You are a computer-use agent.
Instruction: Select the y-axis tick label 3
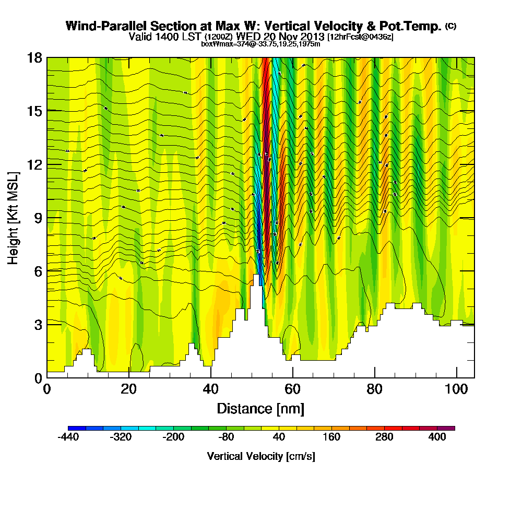[x=38, y=324]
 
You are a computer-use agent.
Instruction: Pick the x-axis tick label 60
[x=293, y=389]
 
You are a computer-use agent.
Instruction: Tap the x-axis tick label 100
[x=457, y=389]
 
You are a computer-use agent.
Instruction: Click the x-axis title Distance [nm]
[x=260, y=408]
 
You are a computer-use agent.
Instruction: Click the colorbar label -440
[x=68, y=437]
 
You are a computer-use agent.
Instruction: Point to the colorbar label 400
[x=437, y=437]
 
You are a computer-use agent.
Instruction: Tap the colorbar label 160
[x=332, y=437]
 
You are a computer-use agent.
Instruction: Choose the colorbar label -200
[x=173, y=437]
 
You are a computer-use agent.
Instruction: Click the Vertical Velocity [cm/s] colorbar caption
[x=261, y=456]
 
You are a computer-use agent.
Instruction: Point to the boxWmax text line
[x=260, y=44]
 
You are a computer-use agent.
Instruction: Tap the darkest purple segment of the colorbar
[x=450, y=428]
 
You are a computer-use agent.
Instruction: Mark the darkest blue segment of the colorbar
[x=72, y=428]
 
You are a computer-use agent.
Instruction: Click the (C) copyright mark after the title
[x=450, y=26]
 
